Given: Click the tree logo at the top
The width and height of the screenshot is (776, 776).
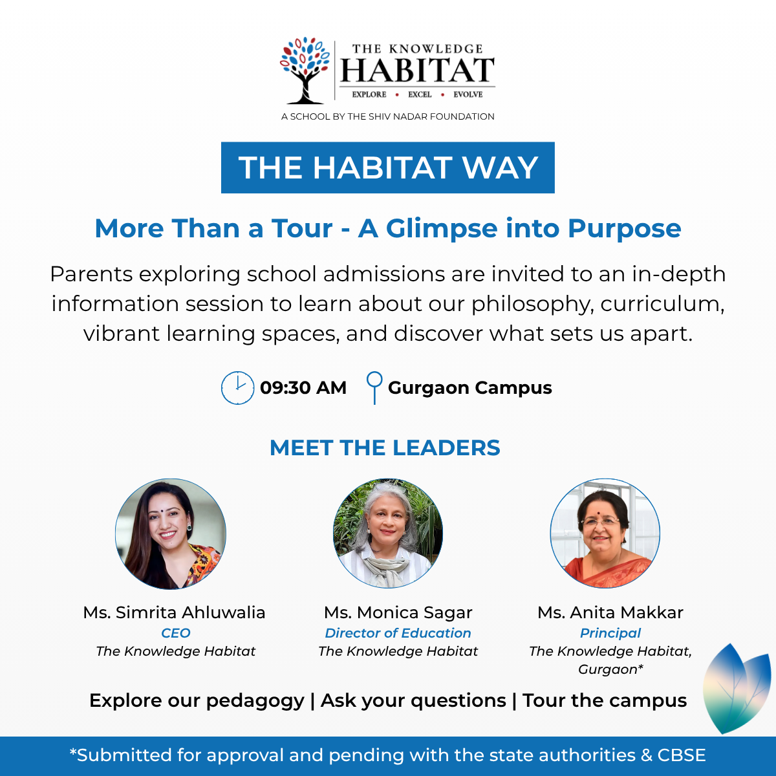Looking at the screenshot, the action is [305, 70].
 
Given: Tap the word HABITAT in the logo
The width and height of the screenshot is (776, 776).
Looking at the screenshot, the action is [417, 70].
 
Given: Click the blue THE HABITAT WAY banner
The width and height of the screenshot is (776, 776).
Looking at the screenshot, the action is [388, 167].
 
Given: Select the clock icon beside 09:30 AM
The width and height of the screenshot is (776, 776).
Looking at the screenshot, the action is [237, 388].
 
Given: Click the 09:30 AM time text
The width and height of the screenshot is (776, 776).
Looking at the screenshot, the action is [303, 388].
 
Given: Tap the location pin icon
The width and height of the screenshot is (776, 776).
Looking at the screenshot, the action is [374, 387].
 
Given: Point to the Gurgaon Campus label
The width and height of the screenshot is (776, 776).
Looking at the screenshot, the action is [470, 388].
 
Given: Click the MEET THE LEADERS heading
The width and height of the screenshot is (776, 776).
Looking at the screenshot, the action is [385, 447].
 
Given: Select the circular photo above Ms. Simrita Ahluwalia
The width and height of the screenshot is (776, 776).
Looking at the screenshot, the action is [171, 534].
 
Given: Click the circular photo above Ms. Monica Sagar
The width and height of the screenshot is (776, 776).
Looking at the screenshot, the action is [388, 533].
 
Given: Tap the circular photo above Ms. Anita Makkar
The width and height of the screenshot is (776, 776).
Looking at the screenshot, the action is [605, 533].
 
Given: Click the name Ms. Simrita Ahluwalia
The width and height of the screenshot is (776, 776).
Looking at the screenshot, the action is [175, 612].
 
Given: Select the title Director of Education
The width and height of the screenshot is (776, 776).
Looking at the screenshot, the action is [398, 633].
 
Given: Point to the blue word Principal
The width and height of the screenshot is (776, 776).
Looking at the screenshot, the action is [610, 634].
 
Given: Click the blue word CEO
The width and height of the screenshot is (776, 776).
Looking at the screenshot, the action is [176, 633].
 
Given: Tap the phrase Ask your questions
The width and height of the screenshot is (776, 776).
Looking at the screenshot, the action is [413, 701].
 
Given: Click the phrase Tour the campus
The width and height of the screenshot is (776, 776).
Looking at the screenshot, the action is [605, 701].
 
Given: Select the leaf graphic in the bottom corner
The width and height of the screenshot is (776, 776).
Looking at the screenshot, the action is [737, 689].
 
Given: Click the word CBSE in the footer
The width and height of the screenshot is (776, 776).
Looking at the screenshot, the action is [682, 755].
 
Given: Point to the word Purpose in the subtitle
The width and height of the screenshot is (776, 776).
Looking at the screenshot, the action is [624, 229].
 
